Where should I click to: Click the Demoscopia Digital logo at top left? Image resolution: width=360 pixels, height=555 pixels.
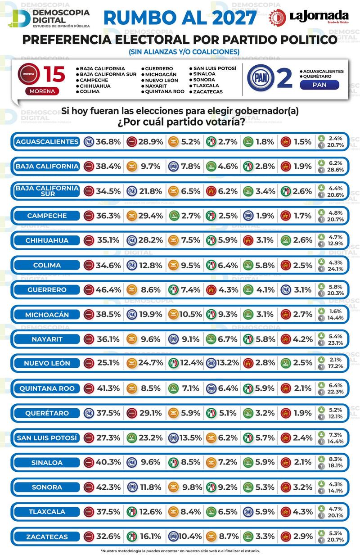(x=49, y=18)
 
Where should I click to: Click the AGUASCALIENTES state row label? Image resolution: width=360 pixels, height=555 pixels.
(x=47, y=142)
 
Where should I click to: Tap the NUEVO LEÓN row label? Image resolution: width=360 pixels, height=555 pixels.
(x=47, y=364)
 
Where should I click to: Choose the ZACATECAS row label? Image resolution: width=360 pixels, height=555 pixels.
(x=47, y=537)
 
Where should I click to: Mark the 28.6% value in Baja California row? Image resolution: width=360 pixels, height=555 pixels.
(x=336, y=170)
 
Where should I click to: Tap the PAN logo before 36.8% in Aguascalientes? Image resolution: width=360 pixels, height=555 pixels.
(x=89, y=142)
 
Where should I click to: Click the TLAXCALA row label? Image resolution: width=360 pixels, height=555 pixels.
(x=47, y=512)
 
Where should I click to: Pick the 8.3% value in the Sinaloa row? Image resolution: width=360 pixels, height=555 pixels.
(x=336, y=458)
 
